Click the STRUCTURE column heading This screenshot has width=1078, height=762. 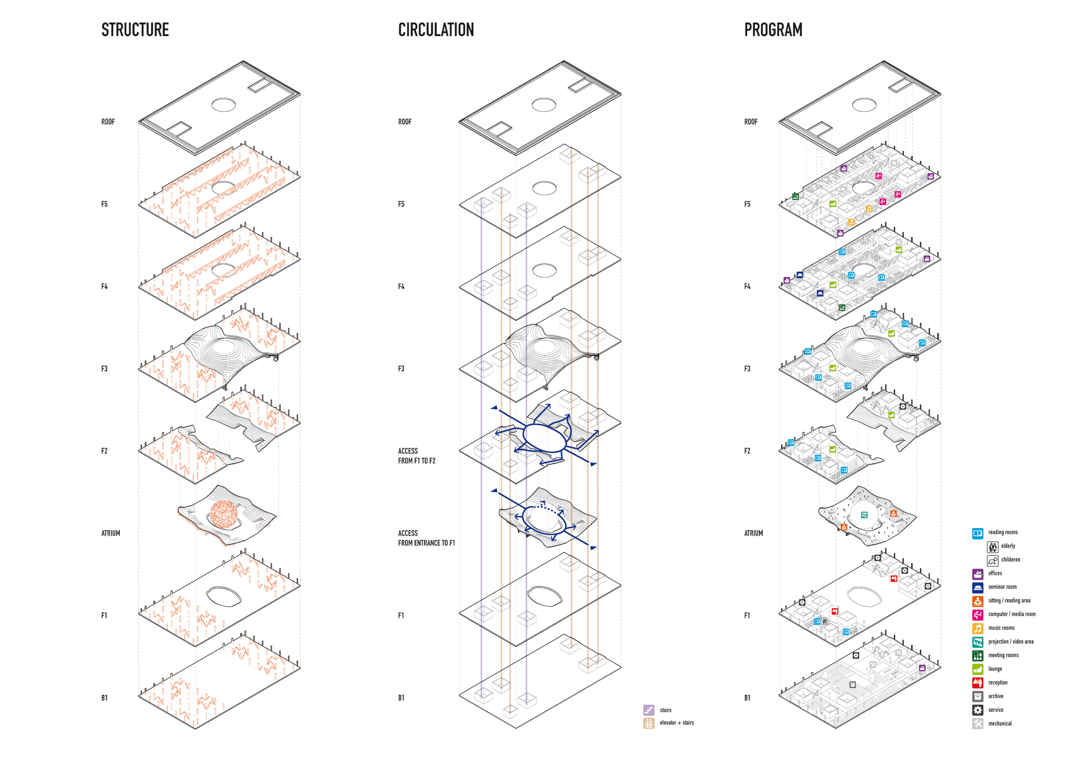pos(135,30)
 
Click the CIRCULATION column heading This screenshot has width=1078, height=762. pos(436,30)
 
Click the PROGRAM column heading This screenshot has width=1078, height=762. pos(773,30)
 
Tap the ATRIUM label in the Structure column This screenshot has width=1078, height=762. pos(110,533)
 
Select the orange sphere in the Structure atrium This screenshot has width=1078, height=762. pos(224,513)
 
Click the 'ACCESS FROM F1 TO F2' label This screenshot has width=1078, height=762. pos(416,456)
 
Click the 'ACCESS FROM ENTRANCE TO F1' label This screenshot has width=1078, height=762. pos(426,538)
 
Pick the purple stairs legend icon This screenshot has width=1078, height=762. pos(648,710)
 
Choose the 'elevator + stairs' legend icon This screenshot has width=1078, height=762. pos(648,723)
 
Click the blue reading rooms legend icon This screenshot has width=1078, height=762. pos(977,533)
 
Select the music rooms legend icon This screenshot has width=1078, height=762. pos(977,628)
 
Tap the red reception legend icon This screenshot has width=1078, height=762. pos(977,683)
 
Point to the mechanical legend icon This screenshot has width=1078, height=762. pos(977,724)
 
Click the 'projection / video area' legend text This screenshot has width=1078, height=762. pos(1010,641)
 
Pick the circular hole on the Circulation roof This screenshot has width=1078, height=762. pos(543,105)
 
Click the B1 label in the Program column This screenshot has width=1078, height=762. pos(747,698)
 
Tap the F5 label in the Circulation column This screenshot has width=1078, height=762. pos(401,204)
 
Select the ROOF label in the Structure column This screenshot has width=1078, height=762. pos(108,122)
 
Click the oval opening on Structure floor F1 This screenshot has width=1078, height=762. pos(224,596)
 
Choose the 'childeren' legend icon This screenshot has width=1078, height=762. pos(992,560)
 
